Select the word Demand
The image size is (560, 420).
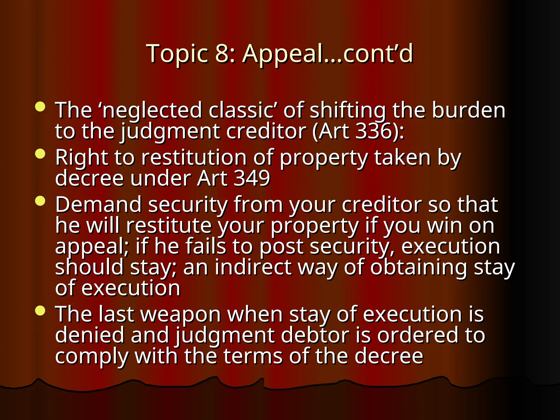point(98,205)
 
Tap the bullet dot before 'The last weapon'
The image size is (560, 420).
point(40,311)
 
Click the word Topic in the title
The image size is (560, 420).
point(177,54)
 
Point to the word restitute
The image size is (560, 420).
point(169,226)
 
